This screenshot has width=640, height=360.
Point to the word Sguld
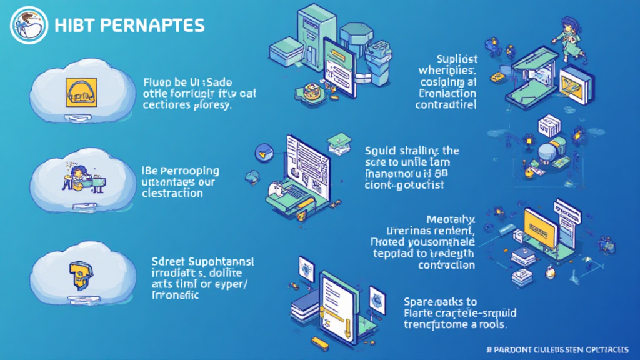pyautogui.click(x=380, y=151)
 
